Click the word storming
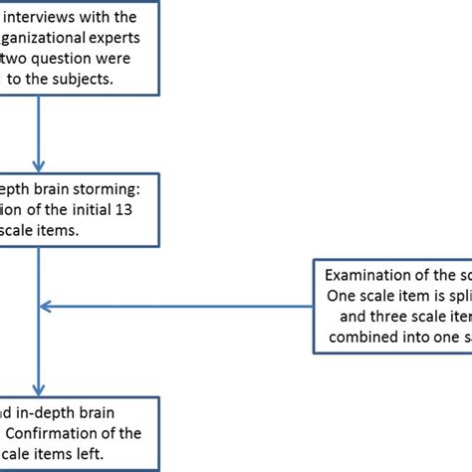[x=113, y=187]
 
